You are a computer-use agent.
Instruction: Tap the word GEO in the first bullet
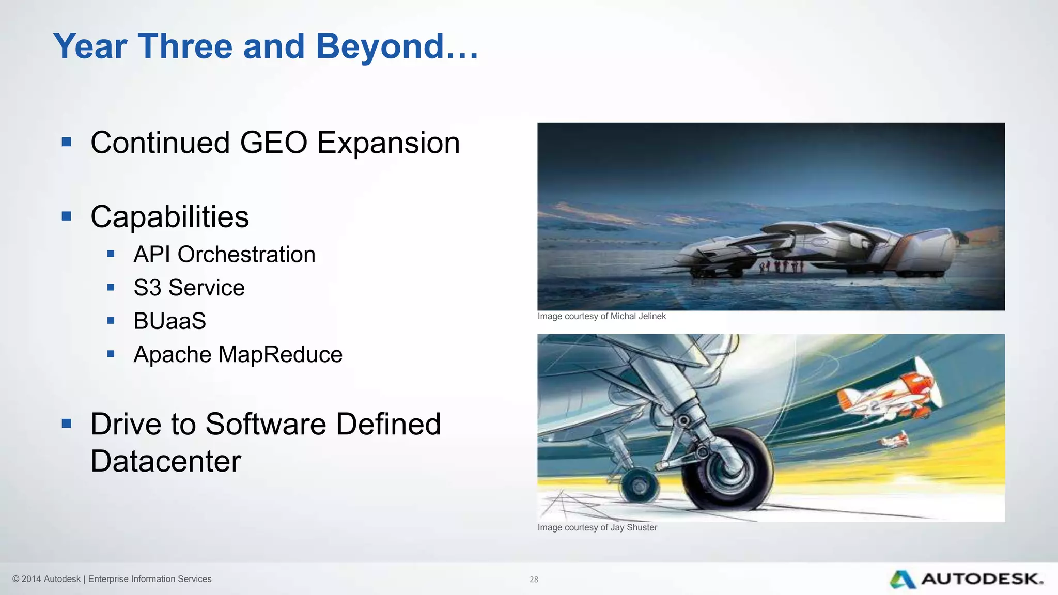(273, 143)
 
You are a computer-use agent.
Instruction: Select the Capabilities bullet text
(169, 217)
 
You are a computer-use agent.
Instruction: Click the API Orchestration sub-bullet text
(224, 255)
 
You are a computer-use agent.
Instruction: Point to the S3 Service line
(189, 288)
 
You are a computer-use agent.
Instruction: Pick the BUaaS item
(169, 321)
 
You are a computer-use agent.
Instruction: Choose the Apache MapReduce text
(238, 355)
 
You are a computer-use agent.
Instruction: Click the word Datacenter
(166, 461)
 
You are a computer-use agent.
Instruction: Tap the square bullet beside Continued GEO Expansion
(66, 142)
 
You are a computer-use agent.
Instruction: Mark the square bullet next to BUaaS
(111, 321)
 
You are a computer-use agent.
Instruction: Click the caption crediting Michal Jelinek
(601, 316)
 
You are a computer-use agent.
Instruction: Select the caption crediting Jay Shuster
(597, 527)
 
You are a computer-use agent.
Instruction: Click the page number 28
(534, 580)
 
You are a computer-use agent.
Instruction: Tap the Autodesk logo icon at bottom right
(903, 580)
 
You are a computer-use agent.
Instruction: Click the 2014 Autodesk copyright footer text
(112, 579)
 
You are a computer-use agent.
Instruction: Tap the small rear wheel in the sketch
(639, 486)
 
